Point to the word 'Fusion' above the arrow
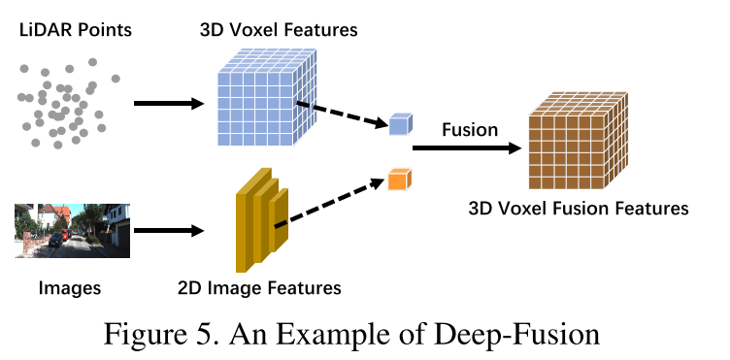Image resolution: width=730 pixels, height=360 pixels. pos(470,129)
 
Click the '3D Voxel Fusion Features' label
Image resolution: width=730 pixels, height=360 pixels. pos(579,208)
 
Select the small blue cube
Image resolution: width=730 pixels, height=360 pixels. pos(400,122)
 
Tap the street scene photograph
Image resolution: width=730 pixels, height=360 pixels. pos(72,230)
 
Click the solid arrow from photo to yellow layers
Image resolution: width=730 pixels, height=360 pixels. pos(167,231)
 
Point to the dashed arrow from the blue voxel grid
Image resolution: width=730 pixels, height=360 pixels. pos(340,113)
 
